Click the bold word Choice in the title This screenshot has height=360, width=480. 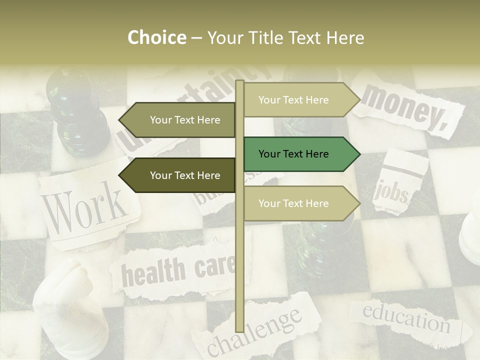(x=156, y=38)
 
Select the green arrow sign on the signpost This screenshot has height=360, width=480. (x=300, y=154)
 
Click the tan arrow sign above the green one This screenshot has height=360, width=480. (x=300, y=100)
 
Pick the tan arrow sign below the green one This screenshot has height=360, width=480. (x=300, y=203)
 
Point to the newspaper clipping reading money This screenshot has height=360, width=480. (x=405, y=107)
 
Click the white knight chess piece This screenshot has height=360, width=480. (x=70, y=305)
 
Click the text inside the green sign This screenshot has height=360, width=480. (x=293, y=154)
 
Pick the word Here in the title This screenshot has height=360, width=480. (x=345, y=38)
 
